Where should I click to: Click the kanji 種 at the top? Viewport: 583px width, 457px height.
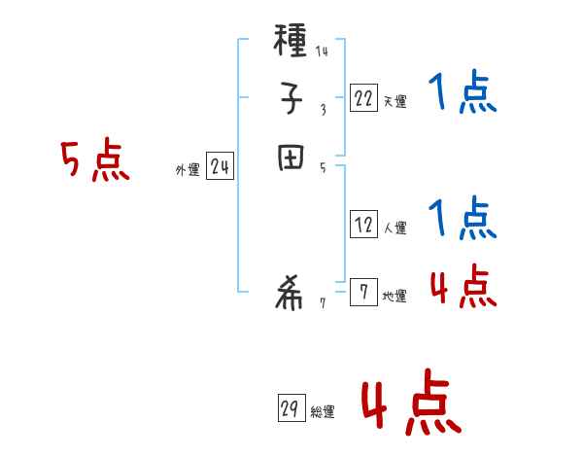tap(291, 43)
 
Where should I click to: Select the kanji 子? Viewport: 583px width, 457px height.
tap(291, 98)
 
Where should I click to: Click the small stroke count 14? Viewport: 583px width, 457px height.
tap(321, 52)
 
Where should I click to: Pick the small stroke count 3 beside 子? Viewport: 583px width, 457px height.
tap(323, 109)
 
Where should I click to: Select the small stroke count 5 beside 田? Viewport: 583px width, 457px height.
tap(323, 167)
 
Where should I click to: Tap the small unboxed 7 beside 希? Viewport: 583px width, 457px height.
tap(323, 304)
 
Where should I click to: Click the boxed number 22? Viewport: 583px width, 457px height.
tap(363, 97)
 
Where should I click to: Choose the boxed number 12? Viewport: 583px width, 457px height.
tap(363, 225)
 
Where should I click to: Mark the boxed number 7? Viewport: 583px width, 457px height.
tap(363, 293)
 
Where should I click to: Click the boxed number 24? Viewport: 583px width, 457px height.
tap(220, 167)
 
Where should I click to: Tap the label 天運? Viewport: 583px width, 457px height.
tap(394, 101)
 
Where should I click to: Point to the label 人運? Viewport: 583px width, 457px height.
tap(394, 228)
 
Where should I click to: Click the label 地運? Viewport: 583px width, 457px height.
tap(394, 297)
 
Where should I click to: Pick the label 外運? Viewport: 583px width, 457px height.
tap(188, 170)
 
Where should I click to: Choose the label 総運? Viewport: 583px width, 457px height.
tap(323, 412)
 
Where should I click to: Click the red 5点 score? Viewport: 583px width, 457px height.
tap(95, 161)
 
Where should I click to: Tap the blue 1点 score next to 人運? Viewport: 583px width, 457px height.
tap(462, 220)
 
